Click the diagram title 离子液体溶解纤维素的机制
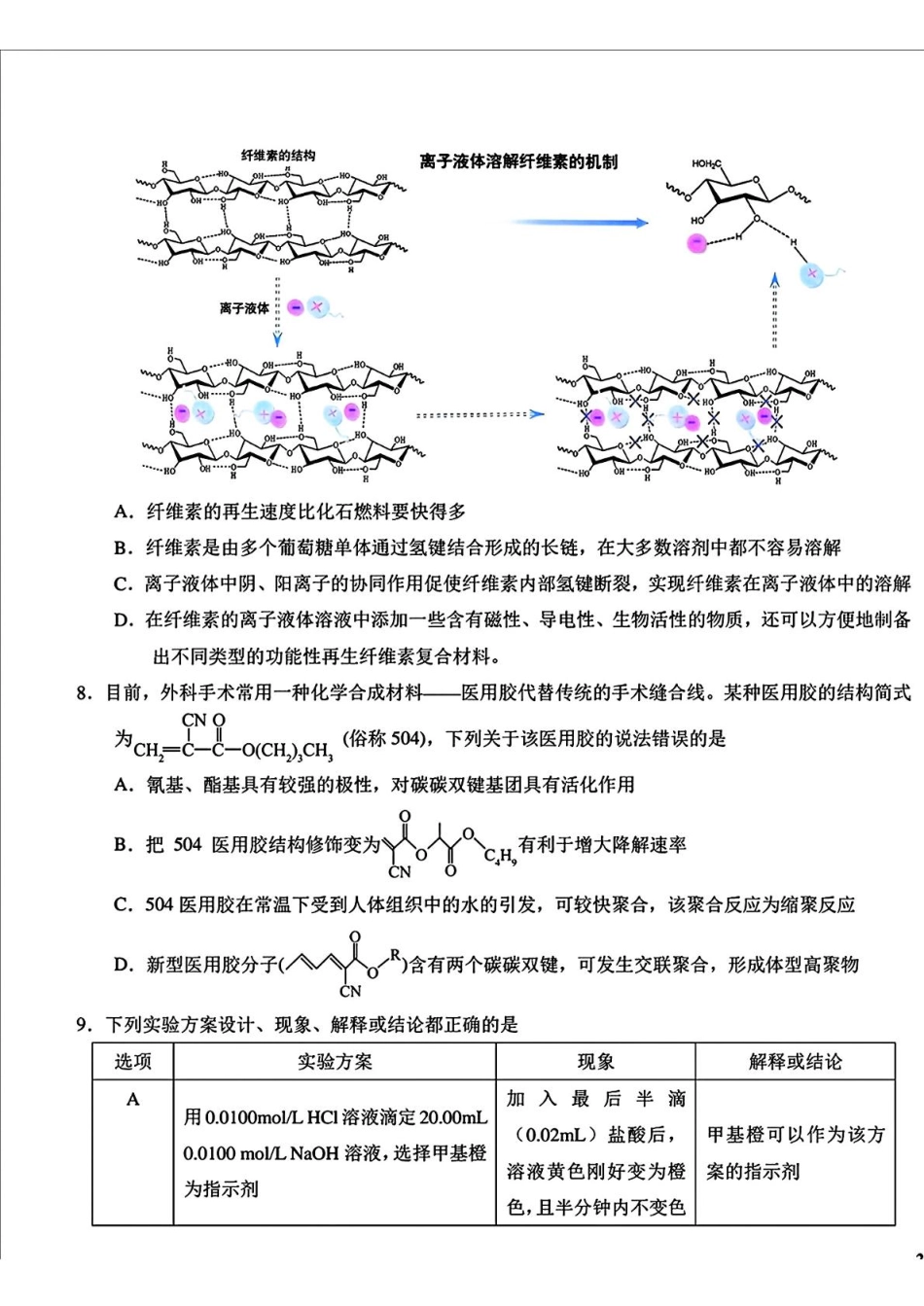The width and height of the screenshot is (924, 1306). (517, 161)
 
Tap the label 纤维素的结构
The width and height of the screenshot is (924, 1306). (277, 156)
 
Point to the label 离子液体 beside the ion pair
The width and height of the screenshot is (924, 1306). (244, 308)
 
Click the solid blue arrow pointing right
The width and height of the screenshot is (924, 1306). (580, 223)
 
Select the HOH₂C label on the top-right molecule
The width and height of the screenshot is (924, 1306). (707, 164)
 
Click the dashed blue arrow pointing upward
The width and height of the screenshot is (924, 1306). (774, 310)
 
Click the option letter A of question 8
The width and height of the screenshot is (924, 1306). (123, 785)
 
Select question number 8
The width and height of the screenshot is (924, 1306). (84, 692)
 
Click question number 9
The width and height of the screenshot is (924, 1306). (84, 1024)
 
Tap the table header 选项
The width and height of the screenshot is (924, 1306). (133, 1061)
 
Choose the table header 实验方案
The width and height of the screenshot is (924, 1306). (335, 1061)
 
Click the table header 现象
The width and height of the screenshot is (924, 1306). (595, 1061)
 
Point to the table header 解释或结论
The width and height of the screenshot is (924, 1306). (795, 1061)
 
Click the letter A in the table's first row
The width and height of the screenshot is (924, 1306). (133, 1100)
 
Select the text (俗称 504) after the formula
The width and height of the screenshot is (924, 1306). (385, 738)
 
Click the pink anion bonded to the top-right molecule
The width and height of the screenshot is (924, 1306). (696, 243)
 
